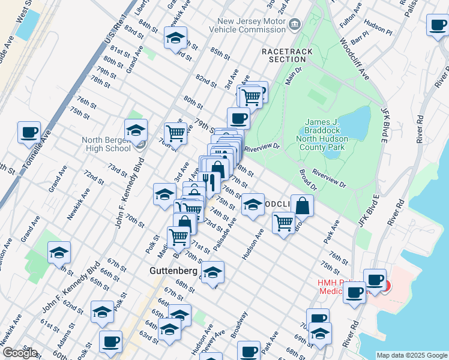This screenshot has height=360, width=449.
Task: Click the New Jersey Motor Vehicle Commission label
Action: pyautogui.click(x=252, y=25)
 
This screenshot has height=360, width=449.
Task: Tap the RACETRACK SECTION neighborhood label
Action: pyautogui.click(x=287, y=55)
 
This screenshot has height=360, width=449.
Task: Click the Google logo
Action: pyautogui.click(x=20, y=353)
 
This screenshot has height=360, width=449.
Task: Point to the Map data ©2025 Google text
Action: pyautogui.click(x=412, y=355)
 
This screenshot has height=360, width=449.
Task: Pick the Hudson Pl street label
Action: pyautogui.click(x=378, y=29)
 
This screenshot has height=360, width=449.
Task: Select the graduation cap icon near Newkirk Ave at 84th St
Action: pyautogui.click(x=175, y=38)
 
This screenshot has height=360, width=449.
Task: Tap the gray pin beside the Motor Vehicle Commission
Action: pyautogui.click(x=295, y=25)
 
